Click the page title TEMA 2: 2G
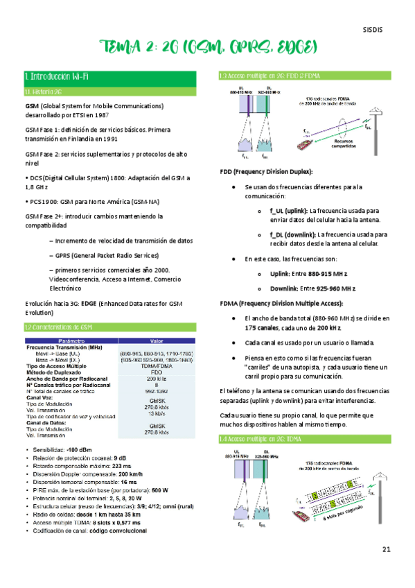[207, 48]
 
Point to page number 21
[386, 549]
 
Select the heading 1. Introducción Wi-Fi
[57, 76]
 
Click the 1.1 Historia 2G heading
[44, 91]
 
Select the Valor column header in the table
[156, 340]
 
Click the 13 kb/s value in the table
[155, 414]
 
